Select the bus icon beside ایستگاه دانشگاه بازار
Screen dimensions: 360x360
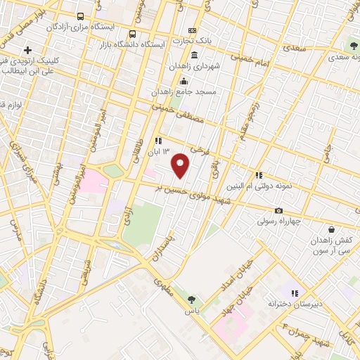click(133, 33)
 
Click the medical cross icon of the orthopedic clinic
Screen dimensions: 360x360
click(27, 50)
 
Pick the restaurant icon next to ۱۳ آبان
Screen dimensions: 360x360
click(158, 140)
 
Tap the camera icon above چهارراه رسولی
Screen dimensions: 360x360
click(278, 210)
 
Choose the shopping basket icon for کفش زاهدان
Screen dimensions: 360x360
click(331, 229)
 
